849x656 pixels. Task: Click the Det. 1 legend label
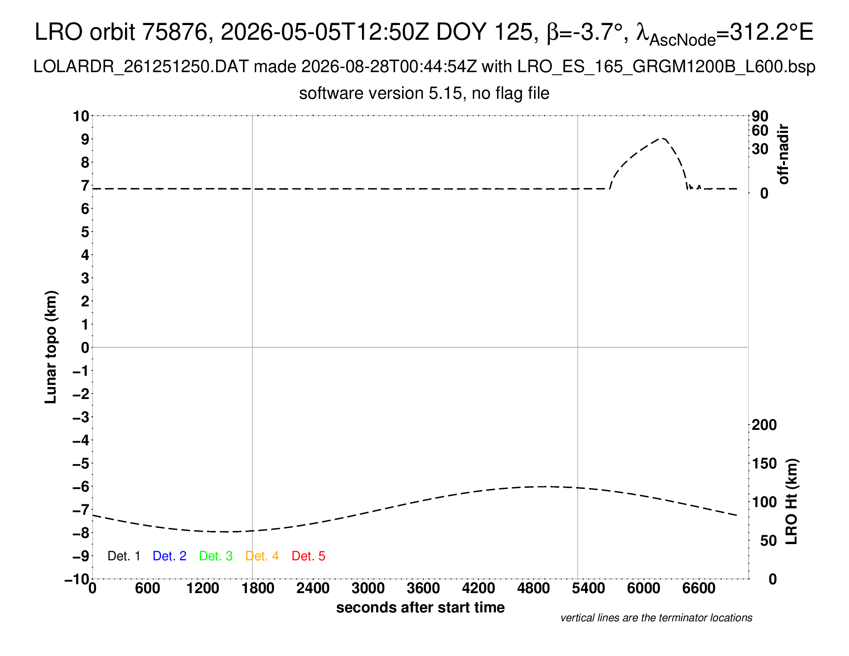[x=123, y=556]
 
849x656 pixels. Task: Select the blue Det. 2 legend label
[x=169, y=556]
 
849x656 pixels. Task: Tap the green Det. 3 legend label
[x=216, y=556]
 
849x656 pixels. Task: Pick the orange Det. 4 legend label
[x=262, y=556]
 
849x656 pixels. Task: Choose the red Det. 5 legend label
[x=308, y=556]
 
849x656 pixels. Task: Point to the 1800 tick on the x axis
[x=258, y=588]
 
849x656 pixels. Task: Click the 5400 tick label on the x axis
[x=589, y=588]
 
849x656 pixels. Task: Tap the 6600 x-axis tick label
[x=698, y=588]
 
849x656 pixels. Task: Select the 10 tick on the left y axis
[x=81, y=116]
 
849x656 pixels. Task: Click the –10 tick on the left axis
[x=77, y=579]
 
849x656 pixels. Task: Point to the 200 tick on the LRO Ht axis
[x=764, y=425]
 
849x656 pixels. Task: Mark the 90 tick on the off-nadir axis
[x=760, y=116]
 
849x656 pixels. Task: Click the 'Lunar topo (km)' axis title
[x=51, y=347]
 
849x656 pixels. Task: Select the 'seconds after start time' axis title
[x=420, y=607]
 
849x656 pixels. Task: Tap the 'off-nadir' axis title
[x=784, y=154]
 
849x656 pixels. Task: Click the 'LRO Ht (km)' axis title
[x=791, y=502]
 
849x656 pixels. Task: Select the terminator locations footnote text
[x=656, y=618]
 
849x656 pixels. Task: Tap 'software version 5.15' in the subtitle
[x=381, y=94]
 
